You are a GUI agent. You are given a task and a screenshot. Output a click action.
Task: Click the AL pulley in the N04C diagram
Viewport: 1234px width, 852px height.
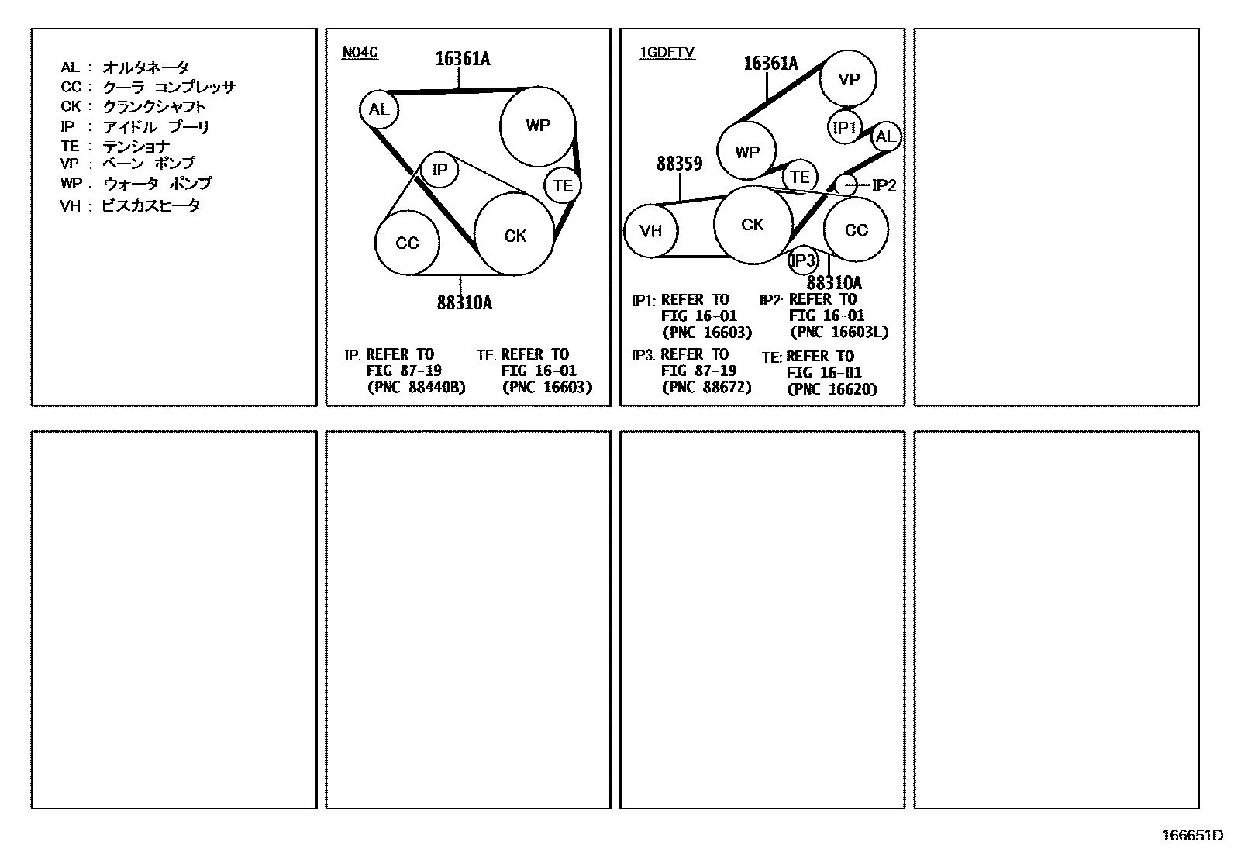(378, 109)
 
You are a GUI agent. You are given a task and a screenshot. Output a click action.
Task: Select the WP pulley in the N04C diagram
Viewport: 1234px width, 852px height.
(537, 126)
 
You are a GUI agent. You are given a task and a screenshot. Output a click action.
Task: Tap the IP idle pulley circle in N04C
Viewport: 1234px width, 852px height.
(439, 169)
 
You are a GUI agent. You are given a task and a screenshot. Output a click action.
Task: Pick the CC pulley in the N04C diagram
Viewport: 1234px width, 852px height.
(407, 243)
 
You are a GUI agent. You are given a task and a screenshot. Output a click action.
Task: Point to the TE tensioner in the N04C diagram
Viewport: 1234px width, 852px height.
(563, 185)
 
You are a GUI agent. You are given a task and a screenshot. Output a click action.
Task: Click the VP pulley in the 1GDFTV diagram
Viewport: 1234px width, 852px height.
(849, 78)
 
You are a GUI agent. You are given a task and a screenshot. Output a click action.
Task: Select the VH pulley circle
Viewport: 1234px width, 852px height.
(651, 230)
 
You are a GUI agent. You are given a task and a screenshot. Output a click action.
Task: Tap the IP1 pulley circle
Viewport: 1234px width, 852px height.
(843, 127)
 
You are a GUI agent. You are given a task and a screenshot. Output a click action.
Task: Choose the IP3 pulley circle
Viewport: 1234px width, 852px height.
(802, 260)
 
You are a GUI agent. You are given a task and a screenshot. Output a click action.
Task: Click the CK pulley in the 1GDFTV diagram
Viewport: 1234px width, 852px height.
(753, 225)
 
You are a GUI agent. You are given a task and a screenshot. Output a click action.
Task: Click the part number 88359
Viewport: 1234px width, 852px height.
(679, 164)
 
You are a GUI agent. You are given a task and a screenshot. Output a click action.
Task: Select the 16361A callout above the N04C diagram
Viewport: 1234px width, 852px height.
(462, 58)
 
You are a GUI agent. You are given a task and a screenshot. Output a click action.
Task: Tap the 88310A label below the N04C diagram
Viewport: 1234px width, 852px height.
(464, 303)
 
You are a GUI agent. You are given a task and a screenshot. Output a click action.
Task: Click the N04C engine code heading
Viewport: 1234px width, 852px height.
(360, 53)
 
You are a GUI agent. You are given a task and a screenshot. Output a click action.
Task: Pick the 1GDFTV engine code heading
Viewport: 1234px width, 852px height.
(667, 53)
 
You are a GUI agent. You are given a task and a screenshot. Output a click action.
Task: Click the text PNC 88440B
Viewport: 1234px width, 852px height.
(416, 387)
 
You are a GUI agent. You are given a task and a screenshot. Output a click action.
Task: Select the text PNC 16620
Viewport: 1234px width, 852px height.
(832, 389)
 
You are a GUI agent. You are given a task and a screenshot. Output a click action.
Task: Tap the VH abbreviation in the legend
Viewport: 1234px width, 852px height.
(70, 206)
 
